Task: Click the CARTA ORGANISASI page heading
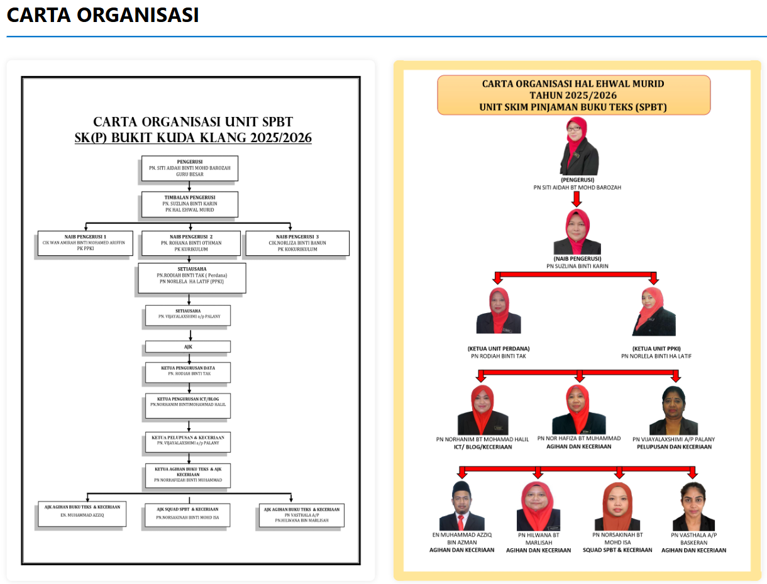102,15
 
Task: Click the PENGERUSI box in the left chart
189,168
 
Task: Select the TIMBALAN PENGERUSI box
189,204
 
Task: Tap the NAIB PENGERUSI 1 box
86,243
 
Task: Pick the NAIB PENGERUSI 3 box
297,243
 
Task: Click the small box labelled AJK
188,346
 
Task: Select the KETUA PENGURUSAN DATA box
188,372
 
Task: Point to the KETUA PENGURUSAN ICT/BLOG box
188,407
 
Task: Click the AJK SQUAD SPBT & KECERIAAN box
187,514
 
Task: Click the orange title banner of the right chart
573,95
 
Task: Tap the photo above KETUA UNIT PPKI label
654,311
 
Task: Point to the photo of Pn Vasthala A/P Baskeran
693,506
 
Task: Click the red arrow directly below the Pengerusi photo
577,199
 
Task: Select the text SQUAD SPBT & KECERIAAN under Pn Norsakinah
617,550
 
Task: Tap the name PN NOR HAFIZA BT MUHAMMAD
578,438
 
